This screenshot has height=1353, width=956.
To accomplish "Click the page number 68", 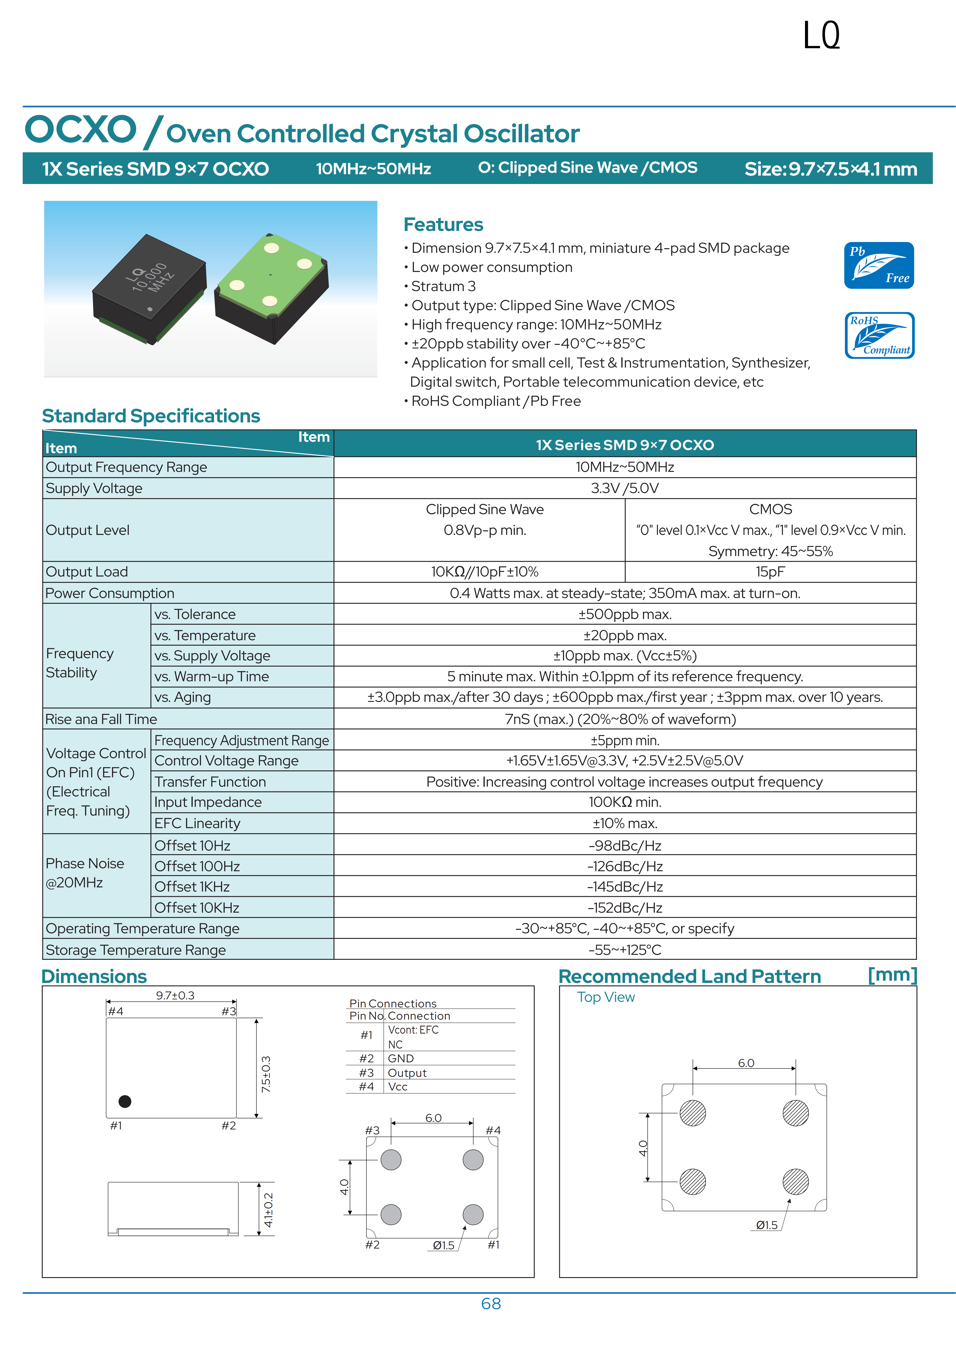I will click(x=491, y=1303).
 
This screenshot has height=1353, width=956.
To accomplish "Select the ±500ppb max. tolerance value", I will click(x=624, y=614).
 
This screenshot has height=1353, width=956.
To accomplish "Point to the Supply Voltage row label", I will click(x=94, y=489).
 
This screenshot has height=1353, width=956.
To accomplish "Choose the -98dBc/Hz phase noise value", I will click(x=624, y=846).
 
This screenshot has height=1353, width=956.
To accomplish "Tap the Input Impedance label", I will click(x=208, y=802).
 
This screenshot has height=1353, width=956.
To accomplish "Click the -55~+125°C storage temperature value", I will click(x=624, y=950).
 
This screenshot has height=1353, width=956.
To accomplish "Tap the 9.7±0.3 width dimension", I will click(x=175, y=995).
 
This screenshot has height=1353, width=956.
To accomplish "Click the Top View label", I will click(x=605, y=997).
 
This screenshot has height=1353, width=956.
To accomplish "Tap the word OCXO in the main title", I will click(x=81, y=130).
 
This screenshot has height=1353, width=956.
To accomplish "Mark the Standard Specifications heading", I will click(x=151, y=416).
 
